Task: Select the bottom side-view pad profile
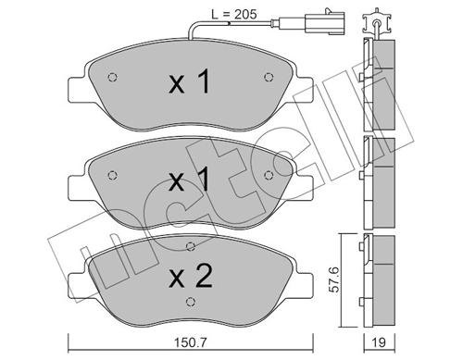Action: tap(380, 278)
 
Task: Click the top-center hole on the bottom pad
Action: tap(189, 246)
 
